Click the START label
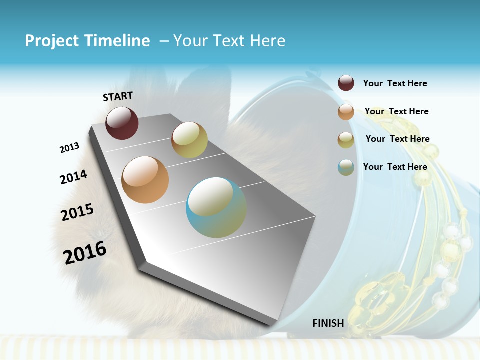pos(118,96)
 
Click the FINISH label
pos(328,323)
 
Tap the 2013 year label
pos(69,148)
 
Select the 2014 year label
pos(73,177)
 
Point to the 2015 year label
pos(77,212)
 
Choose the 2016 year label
pos(85,252)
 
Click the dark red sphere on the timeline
pos(122,123)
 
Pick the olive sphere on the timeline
pos(189,140)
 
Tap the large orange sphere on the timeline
pos(145,180)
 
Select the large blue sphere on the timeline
pos(216,207)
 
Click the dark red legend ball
pos(346,83)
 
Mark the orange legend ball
pos(346,112)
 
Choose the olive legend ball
pos(346,140)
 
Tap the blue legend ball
pos(346,167)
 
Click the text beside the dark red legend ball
pos(395,84)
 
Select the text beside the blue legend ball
pos(395,167)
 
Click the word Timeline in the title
pos(118,41)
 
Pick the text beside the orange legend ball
pos(396,111)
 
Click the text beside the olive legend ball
pos(397,139)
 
